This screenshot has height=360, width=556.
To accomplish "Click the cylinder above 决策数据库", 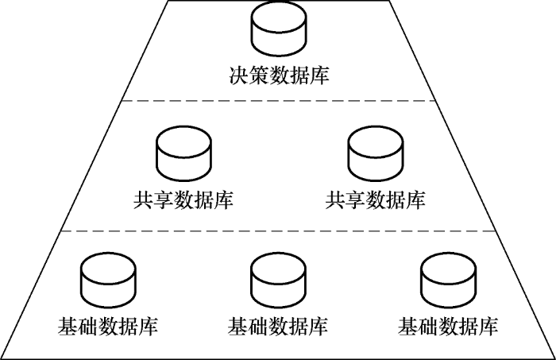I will pos(277,30).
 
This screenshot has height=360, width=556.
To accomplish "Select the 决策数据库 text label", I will pos(277,76).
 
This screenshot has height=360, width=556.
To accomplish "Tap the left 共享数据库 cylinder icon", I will pos(183,153).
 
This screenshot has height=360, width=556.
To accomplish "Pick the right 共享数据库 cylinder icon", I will pos(375,153).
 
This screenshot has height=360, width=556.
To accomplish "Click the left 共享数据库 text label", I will pos(183,199).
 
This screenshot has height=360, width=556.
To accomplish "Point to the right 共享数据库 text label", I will pos(375,199).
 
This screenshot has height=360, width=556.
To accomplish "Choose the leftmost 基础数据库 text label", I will pos(107,326).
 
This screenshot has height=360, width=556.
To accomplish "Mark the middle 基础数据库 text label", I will pos(277,326).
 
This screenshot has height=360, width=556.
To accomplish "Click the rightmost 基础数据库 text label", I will pos(448,326).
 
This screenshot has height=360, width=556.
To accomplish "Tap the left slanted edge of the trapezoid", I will pos(87,167).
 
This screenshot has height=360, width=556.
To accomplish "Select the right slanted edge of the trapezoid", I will pos(469,167).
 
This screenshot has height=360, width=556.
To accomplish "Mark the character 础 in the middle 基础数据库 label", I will pos(257,326).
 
